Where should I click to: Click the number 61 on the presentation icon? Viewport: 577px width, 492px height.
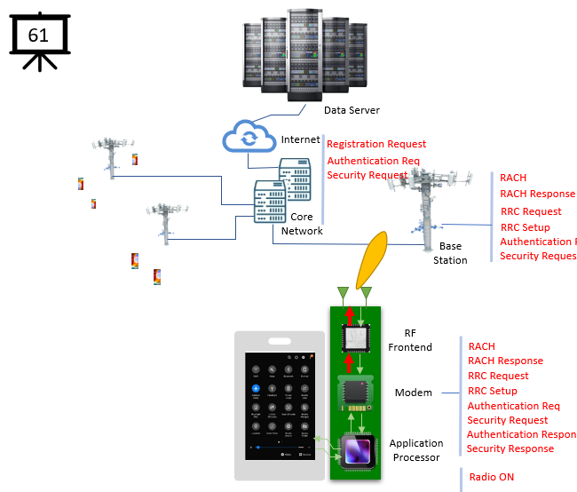click(38, 35)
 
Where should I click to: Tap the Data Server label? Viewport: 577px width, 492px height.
click(352, 110)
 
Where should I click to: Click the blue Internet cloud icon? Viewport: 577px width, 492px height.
click(249, 138)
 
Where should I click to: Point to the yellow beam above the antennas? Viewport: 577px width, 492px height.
click(370, 259)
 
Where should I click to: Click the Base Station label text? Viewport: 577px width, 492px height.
click(450, 253)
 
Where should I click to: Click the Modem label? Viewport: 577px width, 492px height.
click(413, 393)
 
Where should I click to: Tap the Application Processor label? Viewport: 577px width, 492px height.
click(416, 450)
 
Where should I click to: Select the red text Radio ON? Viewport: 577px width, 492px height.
click(491, 477)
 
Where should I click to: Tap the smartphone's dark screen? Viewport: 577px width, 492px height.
click(279, 405)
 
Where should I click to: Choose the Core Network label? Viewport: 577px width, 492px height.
click(302, 224)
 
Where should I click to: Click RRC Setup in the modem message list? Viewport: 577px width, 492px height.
click(492, 391)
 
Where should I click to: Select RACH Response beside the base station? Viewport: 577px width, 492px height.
click(537, 194)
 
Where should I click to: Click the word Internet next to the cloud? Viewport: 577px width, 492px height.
click(300, 139)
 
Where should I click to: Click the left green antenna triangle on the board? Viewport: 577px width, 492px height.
click(342, 292)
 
